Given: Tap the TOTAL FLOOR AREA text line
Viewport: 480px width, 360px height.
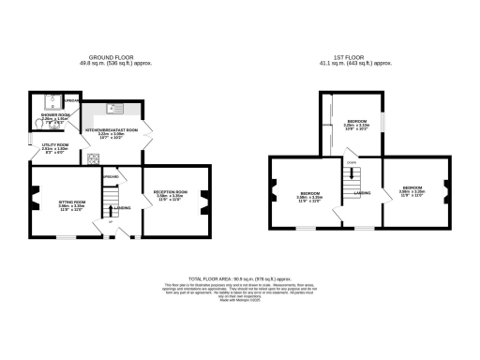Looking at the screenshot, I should pos(241,278).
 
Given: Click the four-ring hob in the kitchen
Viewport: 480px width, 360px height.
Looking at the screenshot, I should pos(94,157).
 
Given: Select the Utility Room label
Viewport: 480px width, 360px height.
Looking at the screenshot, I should pos(55,147).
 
